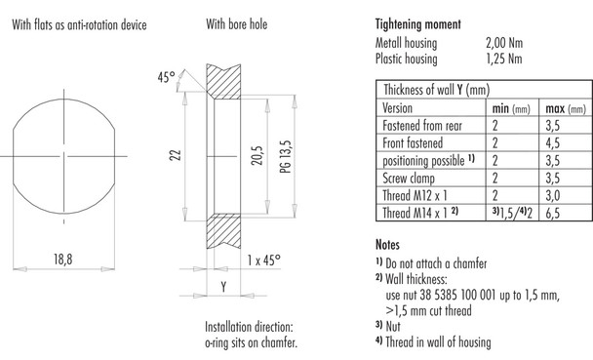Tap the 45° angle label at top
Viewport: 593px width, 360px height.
(165, 76)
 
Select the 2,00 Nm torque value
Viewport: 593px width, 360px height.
(505, 43)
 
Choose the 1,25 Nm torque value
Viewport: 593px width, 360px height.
(505, 59)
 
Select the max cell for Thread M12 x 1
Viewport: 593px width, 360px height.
(554, 194)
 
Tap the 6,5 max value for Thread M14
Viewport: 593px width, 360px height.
(554, 212)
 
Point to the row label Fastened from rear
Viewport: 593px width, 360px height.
(428, 125)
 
